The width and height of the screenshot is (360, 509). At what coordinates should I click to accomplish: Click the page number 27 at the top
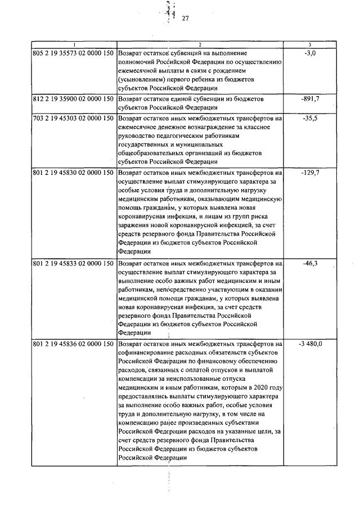(185, 18)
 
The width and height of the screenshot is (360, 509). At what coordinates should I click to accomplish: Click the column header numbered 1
(74, 44)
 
